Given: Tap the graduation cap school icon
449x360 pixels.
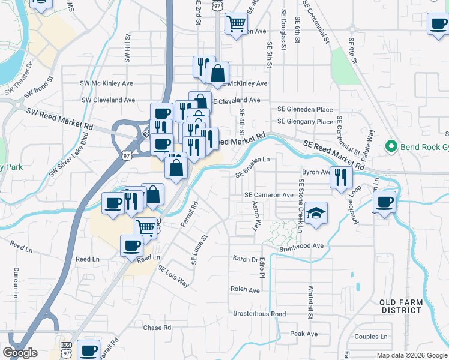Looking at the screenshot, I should pos(315,214).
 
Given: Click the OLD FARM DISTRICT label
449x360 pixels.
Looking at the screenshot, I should pos(401,306).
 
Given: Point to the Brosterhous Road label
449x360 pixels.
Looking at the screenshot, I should pos(259,314).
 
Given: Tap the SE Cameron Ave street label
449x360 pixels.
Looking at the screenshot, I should pos(269,195).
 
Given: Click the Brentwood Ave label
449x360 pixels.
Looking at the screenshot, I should pos(301,246).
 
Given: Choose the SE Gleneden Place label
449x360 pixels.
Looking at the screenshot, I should pos(305,109).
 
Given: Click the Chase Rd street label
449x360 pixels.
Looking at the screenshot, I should pos(157,328).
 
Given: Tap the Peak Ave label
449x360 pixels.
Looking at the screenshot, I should pos(304,333).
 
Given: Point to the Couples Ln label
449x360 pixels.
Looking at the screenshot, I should pos(370,337).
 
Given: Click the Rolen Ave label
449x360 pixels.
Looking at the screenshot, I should pos(245,289).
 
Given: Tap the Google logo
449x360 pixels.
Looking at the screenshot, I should pos(20,353).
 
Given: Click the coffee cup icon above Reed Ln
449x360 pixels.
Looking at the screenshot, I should pos(132,245).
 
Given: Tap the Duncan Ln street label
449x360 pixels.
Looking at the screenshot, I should pos(16,278).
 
